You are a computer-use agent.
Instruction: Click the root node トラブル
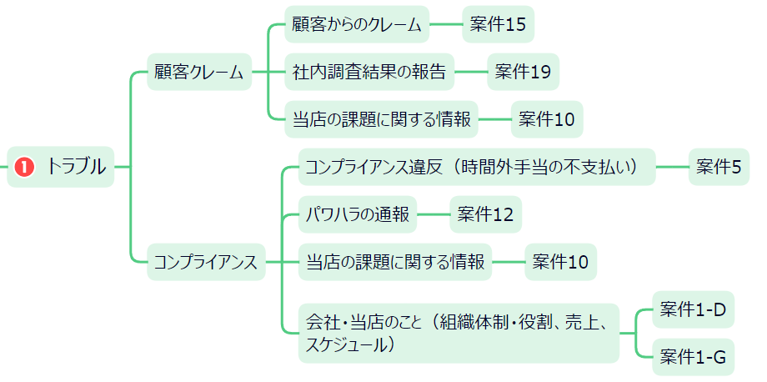75,167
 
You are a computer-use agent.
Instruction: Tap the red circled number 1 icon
24,167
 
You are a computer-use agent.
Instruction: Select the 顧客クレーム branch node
198,73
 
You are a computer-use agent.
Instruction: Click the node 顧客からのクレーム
357,25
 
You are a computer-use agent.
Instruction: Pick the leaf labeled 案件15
498,25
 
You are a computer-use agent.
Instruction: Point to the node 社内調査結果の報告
368,73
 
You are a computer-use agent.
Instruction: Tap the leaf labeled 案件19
523,73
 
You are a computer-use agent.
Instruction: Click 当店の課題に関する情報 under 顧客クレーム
382,119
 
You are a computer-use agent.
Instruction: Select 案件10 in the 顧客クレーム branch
547,119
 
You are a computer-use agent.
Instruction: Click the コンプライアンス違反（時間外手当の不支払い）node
476,167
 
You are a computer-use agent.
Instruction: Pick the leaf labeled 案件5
719,167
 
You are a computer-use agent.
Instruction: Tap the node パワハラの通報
357,215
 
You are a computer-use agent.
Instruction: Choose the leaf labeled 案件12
485,215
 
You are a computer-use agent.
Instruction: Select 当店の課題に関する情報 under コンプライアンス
395,262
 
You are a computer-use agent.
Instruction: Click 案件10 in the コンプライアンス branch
560,262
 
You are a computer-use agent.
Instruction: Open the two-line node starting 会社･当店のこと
459,332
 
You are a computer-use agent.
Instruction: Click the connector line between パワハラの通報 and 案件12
433,215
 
